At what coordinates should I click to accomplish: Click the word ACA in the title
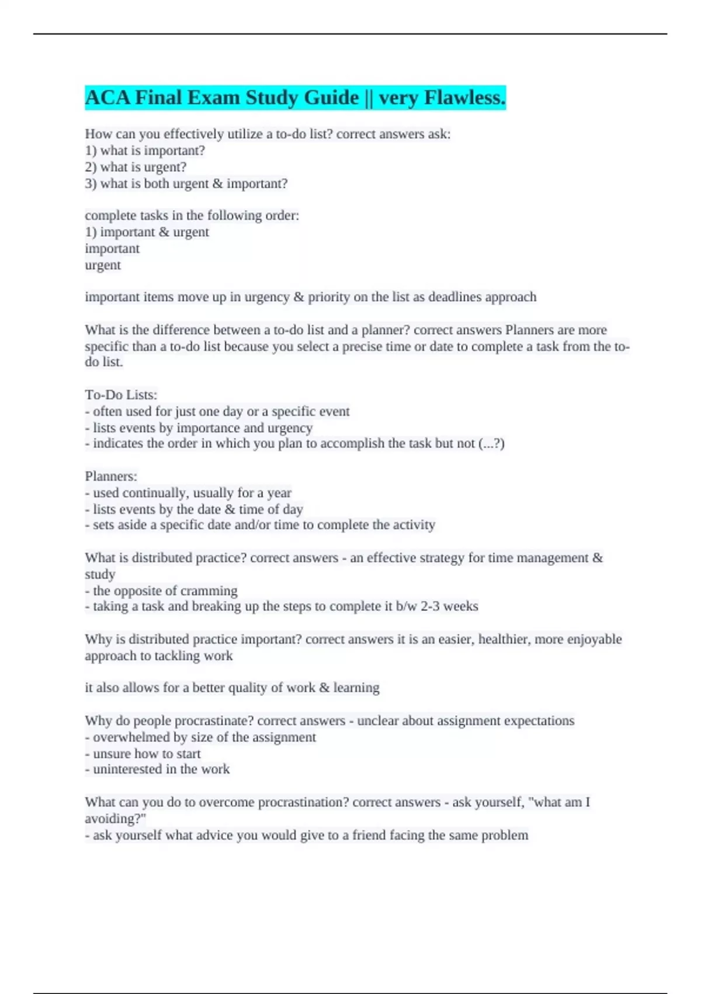[x=107, y=98]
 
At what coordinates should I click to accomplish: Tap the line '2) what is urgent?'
[x=136, y=167]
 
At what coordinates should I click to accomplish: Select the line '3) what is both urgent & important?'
[x=186, y=184]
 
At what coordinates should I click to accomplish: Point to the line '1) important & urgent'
[x=147, y=232]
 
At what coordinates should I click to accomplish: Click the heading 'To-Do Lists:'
[x=121, y=395]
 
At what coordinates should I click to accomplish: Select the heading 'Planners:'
[x=111, y=476]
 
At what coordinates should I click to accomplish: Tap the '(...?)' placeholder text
[x=491, y=443]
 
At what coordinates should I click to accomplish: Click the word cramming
[x=209, y=591]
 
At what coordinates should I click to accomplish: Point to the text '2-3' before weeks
[x=430, y=606]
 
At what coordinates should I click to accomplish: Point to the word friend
[x=368, y=835]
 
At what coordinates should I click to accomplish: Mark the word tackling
[x=177, y=656]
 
